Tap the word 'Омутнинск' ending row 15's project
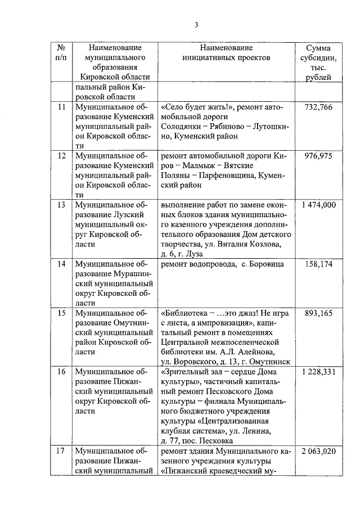[271, 362]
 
